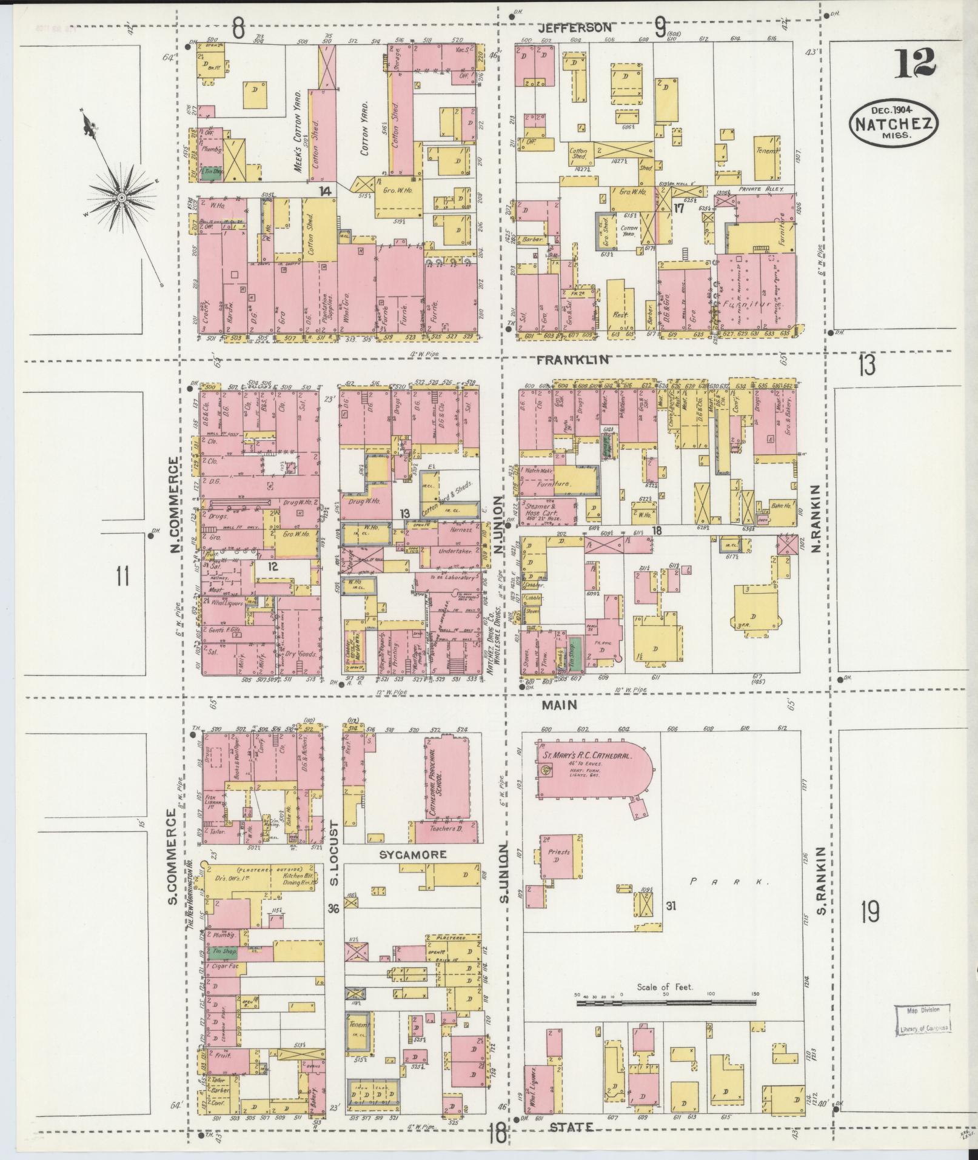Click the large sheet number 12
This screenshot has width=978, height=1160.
[915, 63]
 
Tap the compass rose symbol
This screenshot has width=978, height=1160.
[122, 197]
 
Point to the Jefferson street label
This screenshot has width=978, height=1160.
[575, 28]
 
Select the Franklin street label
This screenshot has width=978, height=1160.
[572, 359]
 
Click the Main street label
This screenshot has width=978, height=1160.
[559, 705]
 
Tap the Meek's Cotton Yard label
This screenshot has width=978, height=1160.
[299, 132]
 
